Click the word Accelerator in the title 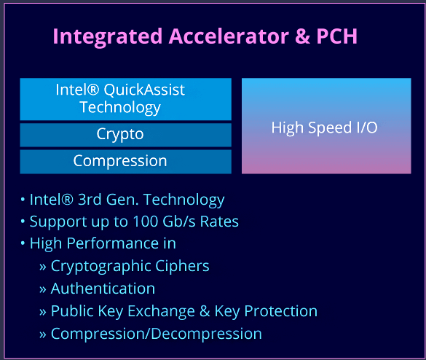(x=229, y=36)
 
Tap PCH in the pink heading (x=336, y=36)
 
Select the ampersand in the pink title (x=302, y=36)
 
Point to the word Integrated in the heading (x=108, y=37)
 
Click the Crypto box (x=125, y=135)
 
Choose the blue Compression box (x=125, y=162)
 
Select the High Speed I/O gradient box (x=326, y=126)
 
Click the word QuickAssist (x=144, y=90)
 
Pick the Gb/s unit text (x=178, y=222)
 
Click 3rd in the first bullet (x=90, y=200)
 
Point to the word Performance (x=113, y=243)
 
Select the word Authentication (x=103, y=289)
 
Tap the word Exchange (x=161, y=311)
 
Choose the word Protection (x=280, y=311)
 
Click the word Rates (x=219, y=222)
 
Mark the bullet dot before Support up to (x=23, y=222)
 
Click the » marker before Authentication (x=43, y=290)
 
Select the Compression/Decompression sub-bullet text (x=157, y=334)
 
